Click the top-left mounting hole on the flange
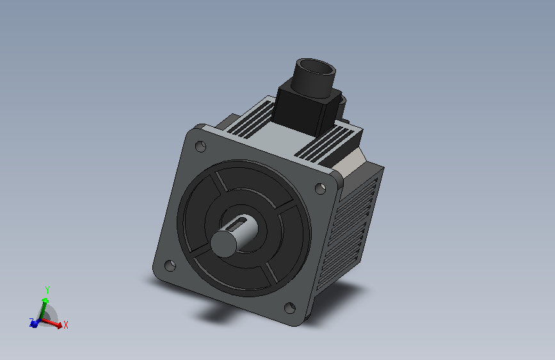(x=201, y=146)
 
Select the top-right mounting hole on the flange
(x=320, y=188)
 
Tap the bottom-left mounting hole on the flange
(x=170, y=265)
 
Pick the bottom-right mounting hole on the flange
(x=290, y=307)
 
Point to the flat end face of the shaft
(x=223, y=243)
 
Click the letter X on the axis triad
(x=65, y=325)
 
